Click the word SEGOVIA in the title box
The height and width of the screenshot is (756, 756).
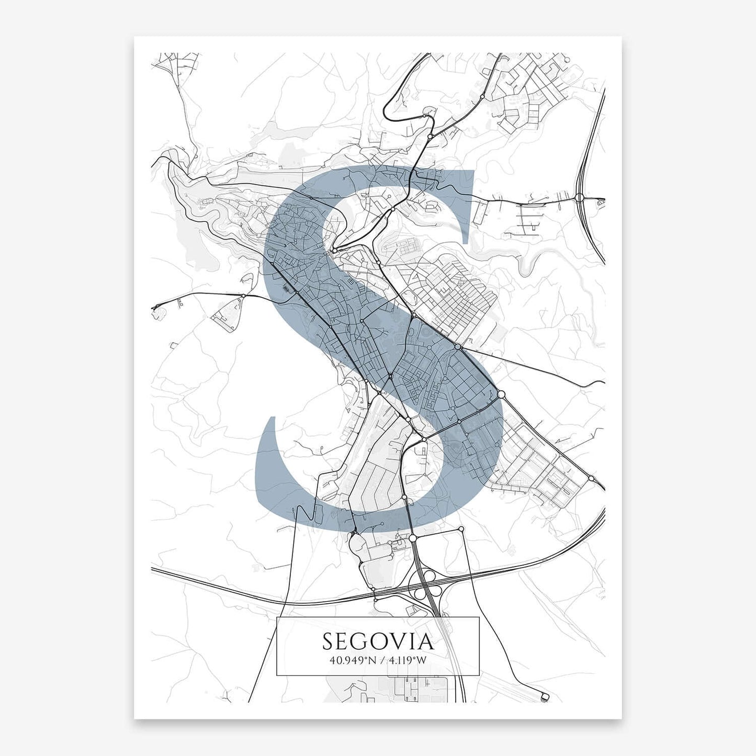pos(378,641)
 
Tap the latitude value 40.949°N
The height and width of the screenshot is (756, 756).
pos(353,660)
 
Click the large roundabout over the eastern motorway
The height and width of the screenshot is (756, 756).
pos(580,198)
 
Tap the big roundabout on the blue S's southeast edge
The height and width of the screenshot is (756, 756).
pos(501,394)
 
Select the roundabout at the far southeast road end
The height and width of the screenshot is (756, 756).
pos(591,478)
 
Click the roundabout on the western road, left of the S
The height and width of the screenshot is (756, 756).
pos(243,296)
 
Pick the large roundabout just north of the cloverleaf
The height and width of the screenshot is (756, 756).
pos(412,537)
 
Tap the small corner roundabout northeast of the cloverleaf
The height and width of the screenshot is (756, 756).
pos(461,529)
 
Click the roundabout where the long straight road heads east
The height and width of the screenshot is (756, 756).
pos(458,347)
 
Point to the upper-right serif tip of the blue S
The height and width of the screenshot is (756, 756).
pos(472,173)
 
